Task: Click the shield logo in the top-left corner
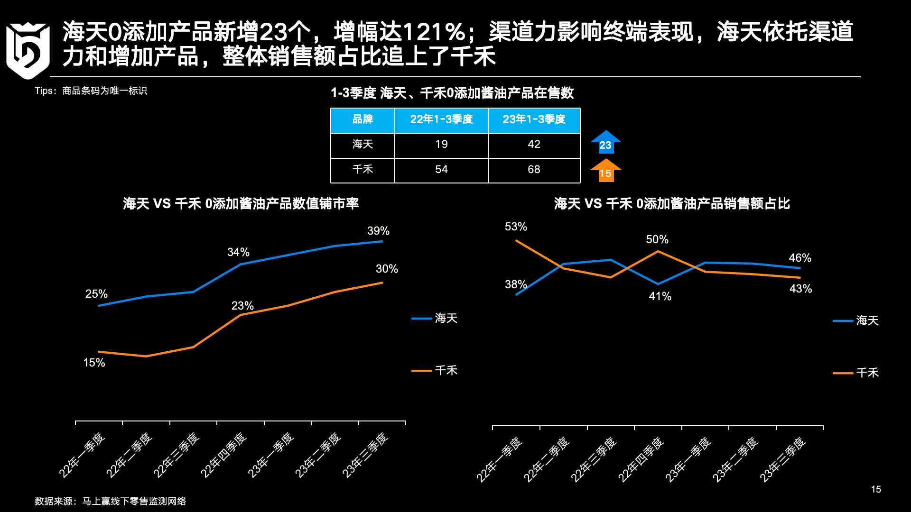tap(28, 50)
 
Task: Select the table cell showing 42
tap(534, 145)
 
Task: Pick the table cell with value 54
tap(441, 170)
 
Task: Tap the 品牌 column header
tap(363, 119)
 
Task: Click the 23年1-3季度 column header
tap(534, 119)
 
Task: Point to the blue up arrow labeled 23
tap(605, 142)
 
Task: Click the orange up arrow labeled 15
tap(605, 171)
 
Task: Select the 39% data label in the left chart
tap(378, 231)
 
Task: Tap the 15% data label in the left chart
tap(94, 363)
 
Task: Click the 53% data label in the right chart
tap(516, 227)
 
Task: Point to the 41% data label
tap(660, 297)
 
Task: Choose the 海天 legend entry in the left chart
tap(435, 319)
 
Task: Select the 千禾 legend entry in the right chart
tap(856, 373)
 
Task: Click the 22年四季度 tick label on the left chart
tap(223, 455)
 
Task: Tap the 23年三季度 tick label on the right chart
tap(783, 459)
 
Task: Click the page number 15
tap(876, 490)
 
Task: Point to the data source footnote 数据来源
tap(110, 502)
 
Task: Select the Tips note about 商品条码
tap(91, 91)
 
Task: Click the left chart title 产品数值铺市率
tap(241, 204)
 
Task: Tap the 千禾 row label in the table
tap(363, 170)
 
